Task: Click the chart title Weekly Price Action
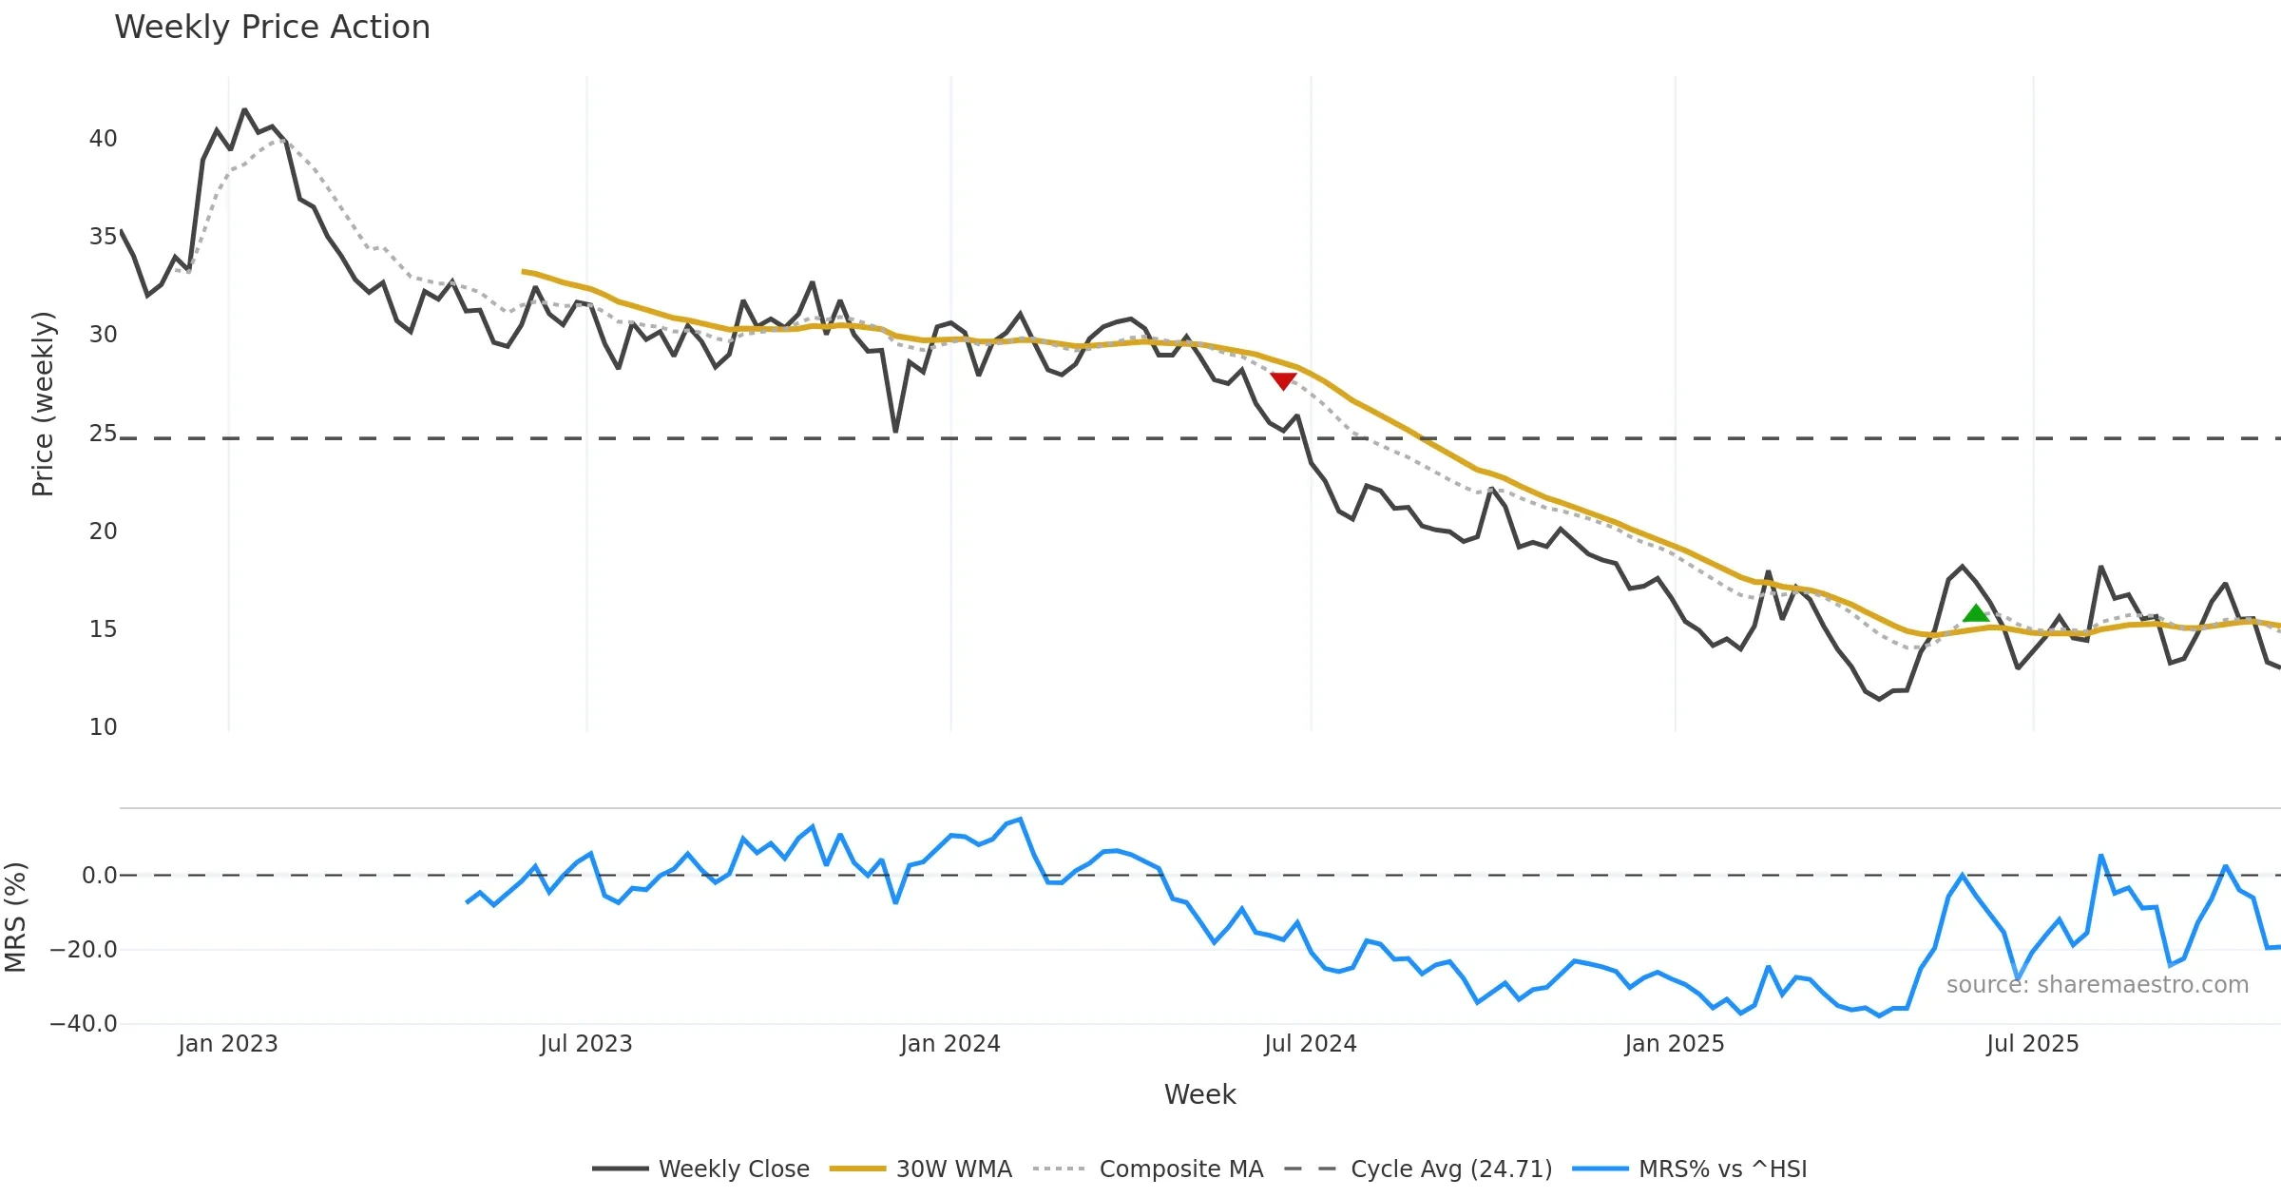tap(272, 28)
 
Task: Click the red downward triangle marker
tap(1283, 380)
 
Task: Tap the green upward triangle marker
tap(1976, 613)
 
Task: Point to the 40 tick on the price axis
tap(103, 139)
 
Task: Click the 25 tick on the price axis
tap(103, 434)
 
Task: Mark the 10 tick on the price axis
tap(103, 727)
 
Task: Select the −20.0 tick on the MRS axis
tap(84, 950)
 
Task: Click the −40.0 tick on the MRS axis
tap(84, 1024)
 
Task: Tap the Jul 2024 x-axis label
tap(1310, 1044)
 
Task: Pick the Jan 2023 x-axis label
tap(228, 1044)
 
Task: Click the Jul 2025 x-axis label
tap(2032, 1044)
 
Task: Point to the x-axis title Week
tap(1199, 1094)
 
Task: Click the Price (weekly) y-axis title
tap(43, 404)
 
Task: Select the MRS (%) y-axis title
tap(16, 917)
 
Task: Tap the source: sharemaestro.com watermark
tap(2097, 985)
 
